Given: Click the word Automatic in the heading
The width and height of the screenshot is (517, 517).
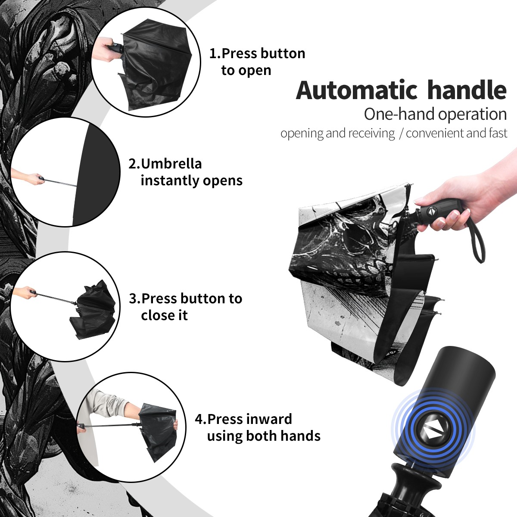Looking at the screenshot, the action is point(357,90).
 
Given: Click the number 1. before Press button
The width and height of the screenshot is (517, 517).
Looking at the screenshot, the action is point(215,53).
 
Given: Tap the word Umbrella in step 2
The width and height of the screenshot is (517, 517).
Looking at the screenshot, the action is point(171,163).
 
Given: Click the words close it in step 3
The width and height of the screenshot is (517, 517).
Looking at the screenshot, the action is point(164,315).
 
